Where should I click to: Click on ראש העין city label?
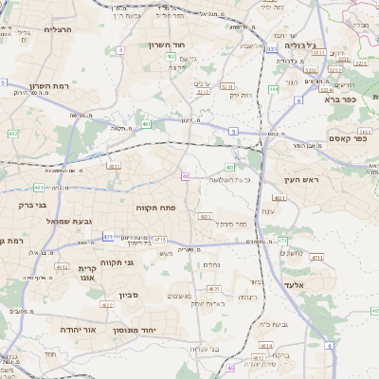(x=302, y=179)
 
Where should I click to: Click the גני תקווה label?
(x=117, y=262)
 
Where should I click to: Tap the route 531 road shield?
(x=272, y=47)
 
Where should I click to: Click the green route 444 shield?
(x=273, y=89)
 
